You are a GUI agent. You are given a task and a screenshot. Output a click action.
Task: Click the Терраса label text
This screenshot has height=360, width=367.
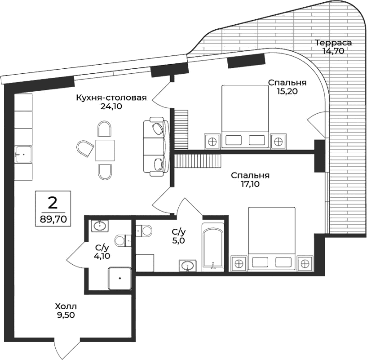[x=333, y=43]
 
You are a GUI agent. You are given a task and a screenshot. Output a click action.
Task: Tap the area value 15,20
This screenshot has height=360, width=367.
[x=287, y=91]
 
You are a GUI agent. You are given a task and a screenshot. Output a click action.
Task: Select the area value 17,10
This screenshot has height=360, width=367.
[x=250, y=183]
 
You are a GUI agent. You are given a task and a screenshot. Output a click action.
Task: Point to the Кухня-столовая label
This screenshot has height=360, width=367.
[x=111, y=98]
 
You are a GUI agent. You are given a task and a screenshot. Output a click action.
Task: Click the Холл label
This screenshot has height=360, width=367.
[x=62, y=306]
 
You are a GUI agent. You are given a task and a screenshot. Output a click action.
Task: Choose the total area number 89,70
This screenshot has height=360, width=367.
[x=53, y=220]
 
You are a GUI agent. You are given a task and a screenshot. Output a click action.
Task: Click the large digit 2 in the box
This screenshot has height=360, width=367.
[x=53, y=203]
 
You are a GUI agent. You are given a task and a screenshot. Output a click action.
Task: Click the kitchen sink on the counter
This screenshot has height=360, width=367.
[x=23, y=154]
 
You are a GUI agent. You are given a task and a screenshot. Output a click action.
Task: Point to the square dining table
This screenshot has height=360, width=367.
[x=105, y=150]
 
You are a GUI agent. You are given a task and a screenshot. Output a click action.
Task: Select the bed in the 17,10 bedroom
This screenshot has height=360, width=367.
[x=271, y=238]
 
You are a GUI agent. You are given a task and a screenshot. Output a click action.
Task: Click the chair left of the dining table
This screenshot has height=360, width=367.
[x=84, y=148]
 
